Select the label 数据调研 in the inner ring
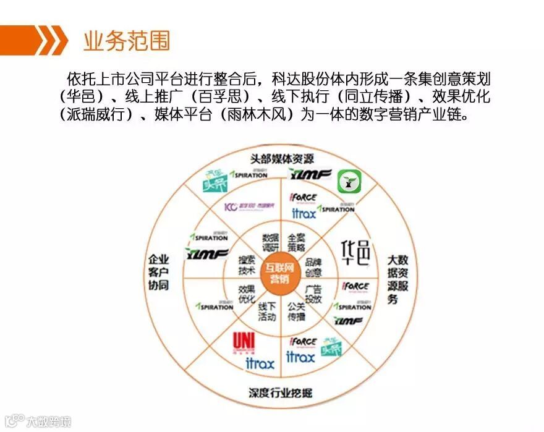point(270,242)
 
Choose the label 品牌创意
point(313,267)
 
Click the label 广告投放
point(313,294)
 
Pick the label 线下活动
point(267,311)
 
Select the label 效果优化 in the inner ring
point(247,293)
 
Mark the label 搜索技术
point(247,266)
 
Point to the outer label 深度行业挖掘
point(281,392)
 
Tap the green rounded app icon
point(349,182)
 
